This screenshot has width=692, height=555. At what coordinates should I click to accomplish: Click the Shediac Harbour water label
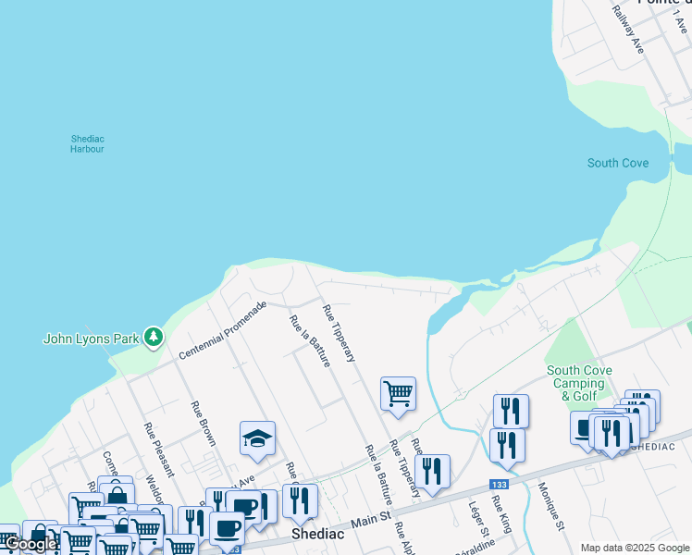(x=87, y=143)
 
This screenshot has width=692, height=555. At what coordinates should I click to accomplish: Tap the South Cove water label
(x=618, y=164)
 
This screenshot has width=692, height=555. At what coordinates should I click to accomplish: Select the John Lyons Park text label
(x=90, y=339)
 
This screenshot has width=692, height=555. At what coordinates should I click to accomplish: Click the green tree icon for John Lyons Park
(x=153, y=338)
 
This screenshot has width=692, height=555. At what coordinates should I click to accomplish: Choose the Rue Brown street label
(x=203, y=424)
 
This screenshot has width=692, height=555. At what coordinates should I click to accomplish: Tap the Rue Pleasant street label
(x=153, y=448)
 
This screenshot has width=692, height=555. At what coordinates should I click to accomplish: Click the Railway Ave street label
(x=628, y=30)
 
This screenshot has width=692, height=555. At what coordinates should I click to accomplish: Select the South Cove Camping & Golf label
(x=579, y=383)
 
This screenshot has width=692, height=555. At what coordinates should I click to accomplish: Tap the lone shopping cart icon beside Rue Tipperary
(x=398, y=392)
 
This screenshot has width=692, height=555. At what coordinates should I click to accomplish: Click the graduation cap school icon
(x=258, y=438)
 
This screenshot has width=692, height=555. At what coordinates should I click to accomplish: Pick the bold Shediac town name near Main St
(x=318, y=535)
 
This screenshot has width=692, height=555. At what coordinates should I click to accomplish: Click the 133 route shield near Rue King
(x=500, y=484)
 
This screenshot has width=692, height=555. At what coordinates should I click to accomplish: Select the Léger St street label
(x=478, y=520)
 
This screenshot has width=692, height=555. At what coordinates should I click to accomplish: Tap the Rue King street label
(x=501, y=513)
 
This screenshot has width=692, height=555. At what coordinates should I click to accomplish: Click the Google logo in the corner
(x=31, y=545)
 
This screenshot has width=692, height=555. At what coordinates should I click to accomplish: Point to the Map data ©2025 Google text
(x=635, y=548)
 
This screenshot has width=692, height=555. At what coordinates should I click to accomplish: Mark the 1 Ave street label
(x=683, y=19)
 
